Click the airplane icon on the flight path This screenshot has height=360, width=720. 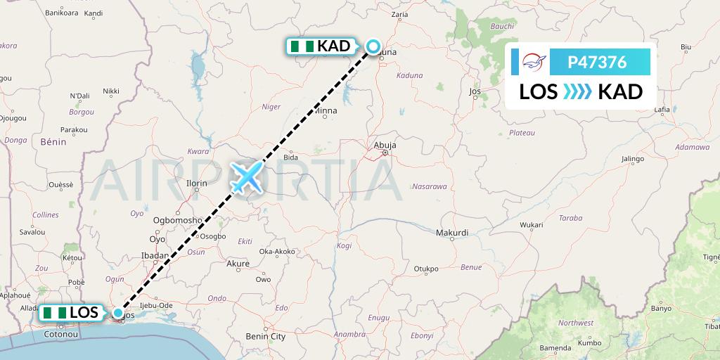point(246,176)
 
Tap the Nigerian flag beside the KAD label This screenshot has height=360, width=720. point(302,46)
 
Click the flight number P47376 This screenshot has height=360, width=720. point(597,63)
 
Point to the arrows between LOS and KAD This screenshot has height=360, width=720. point(577,91)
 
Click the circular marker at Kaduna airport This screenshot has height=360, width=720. point(373,46)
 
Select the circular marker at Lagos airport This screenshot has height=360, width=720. point(119,313)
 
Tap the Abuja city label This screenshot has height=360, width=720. point(385,146)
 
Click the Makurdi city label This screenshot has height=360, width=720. point(452,232)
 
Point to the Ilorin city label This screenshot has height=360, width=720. point(196,184)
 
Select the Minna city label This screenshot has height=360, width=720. point(325,110)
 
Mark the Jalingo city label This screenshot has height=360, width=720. point(633,159)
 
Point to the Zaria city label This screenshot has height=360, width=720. point(399,13)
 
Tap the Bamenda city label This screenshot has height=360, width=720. point(554,348)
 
